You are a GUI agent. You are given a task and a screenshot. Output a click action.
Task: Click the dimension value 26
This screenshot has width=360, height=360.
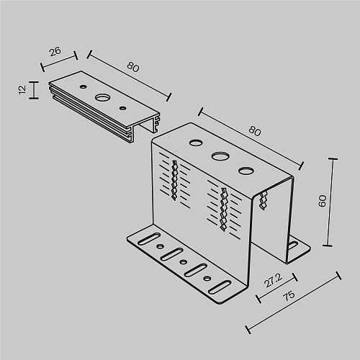click(x=55, y=52)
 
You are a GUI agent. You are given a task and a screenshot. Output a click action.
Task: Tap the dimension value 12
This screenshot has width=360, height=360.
click(x=22, y=90)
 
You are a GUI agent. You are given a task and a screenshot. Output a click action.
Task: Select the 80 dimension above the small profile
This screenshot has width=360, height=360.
click(x=133, y=67)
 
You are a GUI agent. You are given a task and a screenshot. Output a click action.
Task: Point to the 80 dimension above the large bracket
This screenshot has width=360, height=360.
click(x=255, y=131)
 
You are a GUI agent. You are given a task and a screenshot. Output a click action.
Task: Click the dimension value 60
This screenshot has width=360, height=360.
click(x=323, y=201)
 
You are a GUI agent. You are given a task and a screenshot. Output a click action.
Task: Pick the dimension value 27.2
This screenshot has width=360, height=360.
click(x=274, y=280)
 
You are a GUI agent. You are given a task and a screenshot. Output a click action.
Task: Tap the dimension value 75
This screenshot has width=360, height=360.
click(x=289, y=296)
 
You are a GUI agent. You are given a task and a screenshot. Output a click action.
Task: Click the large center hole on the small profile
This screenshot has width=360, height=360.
click(x=102, y=97)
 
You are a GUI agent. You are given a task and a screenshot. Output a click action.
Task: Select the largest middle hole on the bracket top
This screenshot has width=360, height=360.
click(x=220, y=156)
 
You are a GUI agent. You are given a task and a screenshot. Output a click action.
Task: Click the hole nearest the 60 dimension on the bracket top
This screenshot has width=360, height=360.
click(x=246, y=171)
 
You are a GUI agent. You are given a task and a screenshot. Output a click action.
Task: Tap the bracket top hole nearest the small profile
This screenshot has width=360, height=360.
click(x=196, y=143)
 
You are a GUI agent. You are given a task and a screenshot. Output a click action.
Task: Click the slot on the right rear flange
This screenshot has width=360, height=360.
click(x=293, y=246)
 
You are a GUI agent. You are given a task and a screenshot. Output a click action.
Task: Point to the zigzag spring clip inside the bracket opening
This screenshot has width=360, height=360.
click(x=264, y=200)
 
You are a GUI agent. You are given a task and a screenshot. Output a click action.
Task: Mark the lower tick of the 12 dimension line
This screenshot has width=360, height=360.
click(x=34, y=98)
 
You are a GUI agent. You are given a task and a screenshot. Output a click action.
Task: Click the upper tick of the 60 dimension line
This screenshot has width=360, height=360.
click(x=333, y=158)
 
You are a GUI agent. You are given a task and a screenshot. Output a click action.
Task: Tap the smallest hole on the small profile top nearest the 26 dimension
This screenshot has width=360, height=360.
click(x=84, y=86)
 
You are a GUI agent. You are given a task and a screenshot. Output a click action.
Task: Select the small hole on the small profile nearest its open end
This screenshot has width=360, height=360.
click(x=123, y=108)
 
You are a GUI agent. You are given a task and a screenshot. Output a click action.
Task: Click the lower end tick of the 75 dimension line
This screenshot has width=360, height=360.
click(x=248, y=330)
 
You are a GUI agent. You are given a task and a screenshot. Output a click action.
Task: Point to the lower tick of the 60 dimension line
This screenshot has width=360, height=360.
click(x=328, y=246)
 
